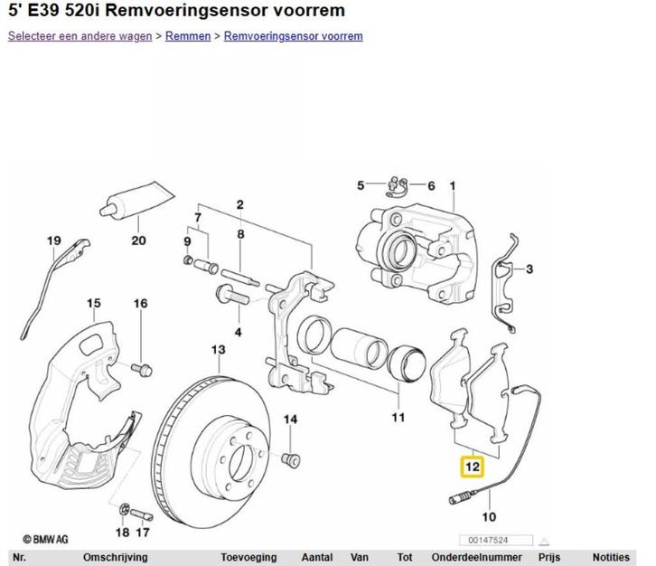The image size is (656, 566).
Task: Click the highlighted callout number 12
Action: pos(473,467)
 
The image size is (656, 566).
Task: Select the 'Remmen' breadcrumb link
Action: pos(188,36)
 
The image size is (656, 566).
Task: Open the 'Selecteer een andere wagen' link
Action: pos(80,36)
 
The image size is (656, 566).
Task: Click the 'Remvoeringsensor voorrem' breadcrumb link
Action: pos(293,36)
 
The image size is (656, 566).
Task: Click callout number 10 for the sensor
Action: pos(489,517)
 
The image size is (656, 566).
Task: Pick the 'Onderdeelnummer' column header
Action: pos(476,558)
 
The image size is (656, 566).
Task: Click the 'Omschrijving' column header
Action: pos(115,558)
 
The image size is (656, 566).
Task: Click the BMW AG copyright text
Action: pos(45,537)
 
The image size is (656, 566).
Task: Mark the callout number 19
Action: pos(54,241)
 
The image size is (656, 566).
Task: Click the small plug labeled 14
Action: pos(291,458)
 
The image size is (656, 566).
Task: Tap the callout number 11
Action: pos(398,418)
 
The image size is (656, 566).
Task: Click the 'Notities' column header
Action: pos(611,558)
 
